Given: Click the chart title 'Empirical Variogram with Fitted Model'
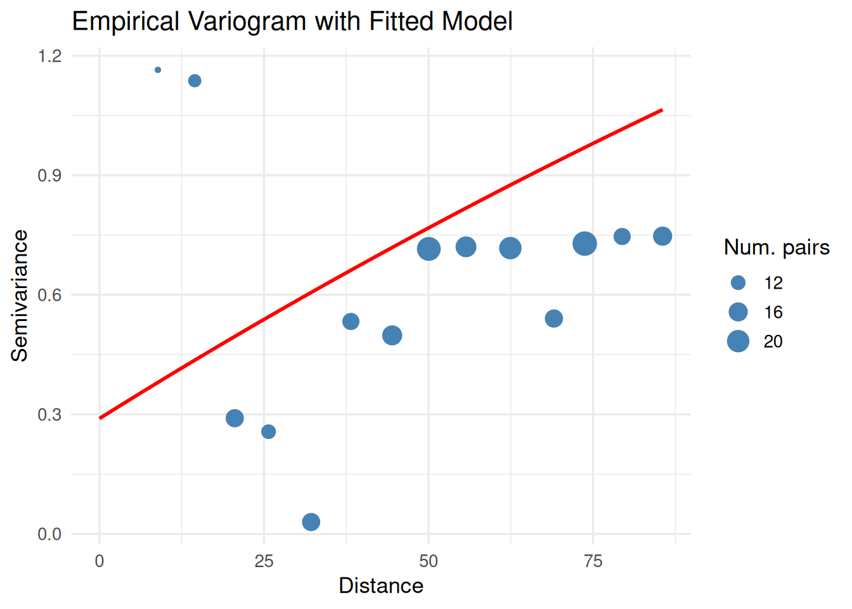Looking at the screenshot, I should pyautogui.click(x=292, y=22).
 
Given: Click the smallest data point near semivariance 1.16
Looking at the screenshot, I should pyautogui.click(x=158, y=70).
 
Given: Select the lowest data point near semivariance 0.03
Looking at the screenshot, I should pyautogui.click(x=311, y=522).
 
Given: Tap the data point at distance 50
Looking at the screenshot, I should pyautogui.click(x=429, y=249).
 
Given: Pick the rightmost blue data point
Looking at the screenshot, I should pyautogui.click(x=662, y=236).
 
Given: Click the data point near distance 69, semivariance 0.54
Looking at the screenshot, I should pyautogui.click(x=553, y=318).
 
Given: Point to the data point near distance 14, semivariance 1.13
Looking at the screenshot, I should pyautogui.click(x=195, y=81).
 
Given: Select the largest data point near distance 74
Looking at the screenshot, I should pyautogui.click(x=584, y=243).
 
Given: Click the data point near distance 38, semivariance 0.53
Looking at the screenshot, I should pyautogui.click(x=351, y=322).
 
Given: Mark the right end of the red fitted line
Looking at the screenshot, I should pyautogui.click(x=662, y=110).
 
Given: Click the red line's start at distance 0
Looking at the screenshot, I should pyautogui.click(x=100, y=418).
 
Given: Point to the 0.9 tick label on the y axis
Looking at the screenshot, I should pyautogui.click(x=49, y=176).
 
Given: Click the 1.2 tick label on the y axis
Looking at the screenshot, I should pyautogui.click(x=49, y=56).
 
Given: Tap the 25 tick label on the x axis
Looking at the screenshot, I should pyautogui.click(x=264, y=561).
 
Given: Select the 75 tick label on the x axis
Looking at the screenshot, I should pyautogui.click(x=593, y=561).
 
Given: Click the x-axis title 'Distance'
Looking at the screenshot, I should pyautogui.click(x=381, y=586).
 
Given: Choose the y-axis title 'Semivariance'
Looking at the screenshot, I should pyautogui.click(x=20, y=296).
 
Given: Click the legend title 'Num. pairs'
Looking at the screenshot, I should pyautogui.click(x=777, y=247).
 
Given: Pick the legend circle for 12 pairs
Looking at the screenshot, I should pyautogui.click(x=738, y=283).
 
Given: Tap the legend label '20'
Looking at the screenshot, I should pyautogui.click(x=773, y=341).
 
